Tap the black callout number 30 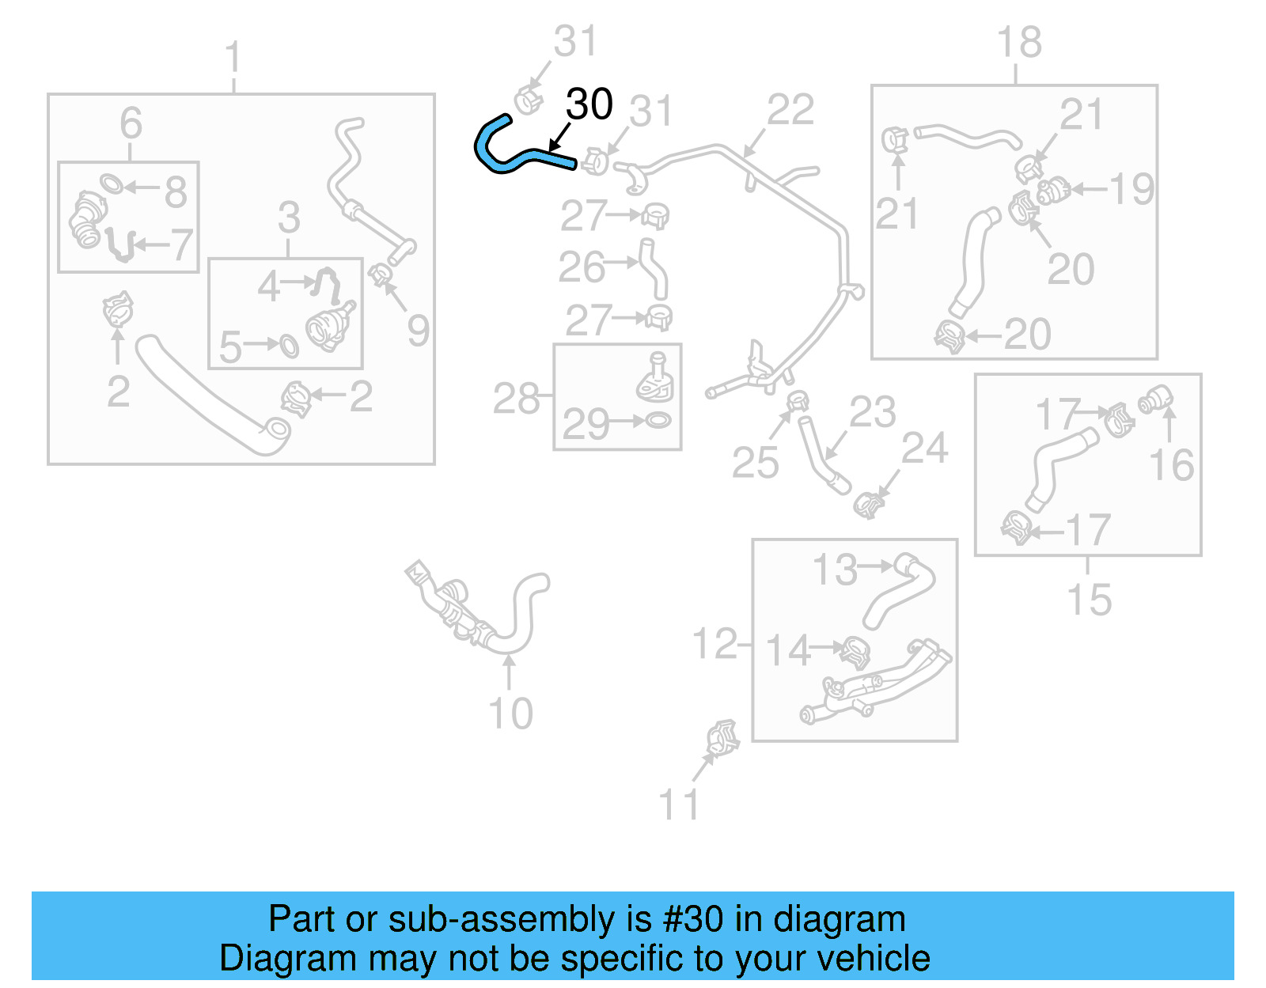pyautogui.click(x=589, y=104)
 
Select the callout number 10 pyautogui.click(x=510, y=714)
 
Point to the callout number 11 pyautogui.click(x=679, y=804)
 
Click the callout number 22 pyautogui.click(x=790, y=110)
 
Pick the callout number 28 pyautogui.click(x=516, y=399)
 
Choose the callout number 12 pyautogui.click(x=714, y=644)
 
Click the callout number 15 pyautogui.click(x=1089, y=600)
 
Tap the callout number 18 pyautogui.click(x=1019, y=43)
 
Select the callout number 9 pyautogui.click(x=419, y=330)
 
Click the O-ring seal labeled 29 pyautogui.click(x=658, y=420)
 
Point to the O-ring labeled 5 pyautogui.click(x=289, y=346)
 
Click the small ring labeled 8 pyautogui.click(x=112, y=184)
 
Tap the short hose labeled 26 pyautogui.click(x=654, y=269)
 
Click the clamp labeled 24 pyautogui.click(x=869, y=503)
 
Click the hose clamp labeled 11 pyautogui.click(x=722, y=739)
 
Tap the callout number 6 pyautogui.click(x=131, y=123)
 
